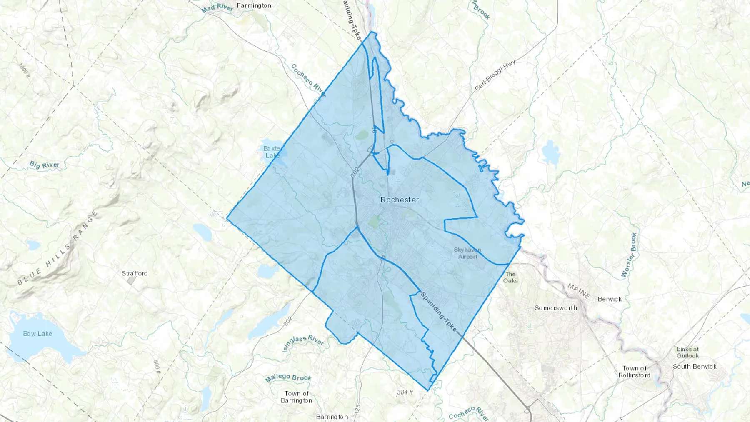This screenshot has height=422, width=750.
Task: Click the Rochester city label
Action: pos(400,200)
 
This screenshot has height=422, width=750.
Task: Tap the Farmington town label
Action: pos(254,6)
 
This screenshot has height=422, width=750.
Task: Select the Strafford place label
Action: pos(135,273)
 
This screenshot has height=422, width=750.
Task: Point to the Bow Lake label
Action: pos(37,334)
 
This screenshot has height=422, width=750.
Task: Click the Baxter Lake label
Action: pos(272,152)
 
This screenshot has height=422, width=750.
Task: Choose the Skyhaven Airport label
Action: pos(467,253)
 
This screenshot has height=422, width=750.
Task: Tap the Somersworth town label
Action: pos(556,308)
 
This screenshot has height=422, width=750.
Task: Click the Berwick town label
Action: pos(609,299)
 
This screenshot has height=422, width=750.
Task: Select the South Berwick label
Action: pos(695,367)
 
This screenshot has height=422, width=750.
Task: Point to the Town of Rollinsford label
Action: pos(634,372)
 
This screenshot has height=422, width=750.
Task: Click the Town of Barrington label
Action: pos(296,397)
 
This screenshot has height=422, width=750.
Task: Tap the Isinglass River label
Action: pos(303,343)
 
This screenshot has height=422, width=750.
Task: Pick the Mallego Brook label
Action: pos(288,378)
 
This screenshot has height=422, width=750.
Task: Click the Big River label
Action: pos(45,165)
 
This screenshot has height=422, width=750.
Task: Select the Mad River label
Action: pos(217,8)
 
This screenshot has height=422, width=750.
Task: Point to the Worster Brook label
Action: pos(629,255)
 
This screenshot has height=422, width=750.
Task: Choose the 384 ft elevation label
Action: pos(405,392)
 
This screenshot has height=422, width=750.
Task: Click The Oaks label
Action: pos(510,277)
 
